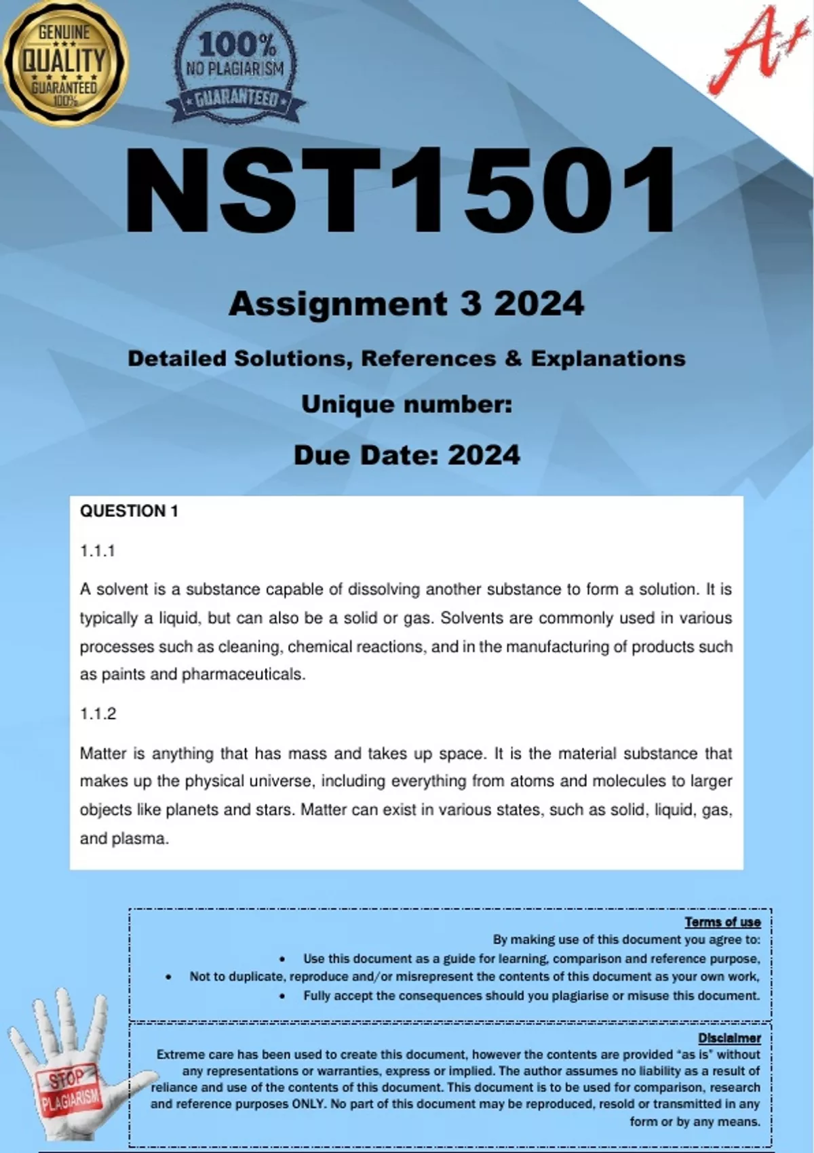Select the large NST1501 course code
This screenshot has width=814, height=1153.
click(x=400, y=193)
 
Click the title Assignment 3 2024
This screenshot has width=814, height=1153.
click(x=406, y=303)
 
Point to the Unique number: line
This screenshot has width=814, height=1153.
click(x=406, y=404)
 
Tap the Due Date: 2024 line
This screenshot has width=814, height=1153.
click(x=406, y=454)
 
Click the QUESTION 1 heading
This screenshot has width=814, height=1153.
click(x=129, y=511)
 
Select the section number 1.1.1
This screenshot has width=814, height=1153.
click(x=98, y=551)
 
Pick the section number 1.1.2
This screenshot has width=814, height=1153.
click(x=98, y=714)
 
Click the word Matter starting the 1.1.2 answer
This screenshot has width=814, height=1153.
click(x=102, y=753)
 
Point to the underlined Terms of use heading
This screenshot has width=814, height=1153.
click(x=722, y=922)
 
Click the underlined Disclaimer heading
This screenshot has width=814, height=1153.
click(x=729, y=1038)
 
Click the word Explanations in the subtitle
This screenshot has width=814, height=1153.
click(x=608, y=358)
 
